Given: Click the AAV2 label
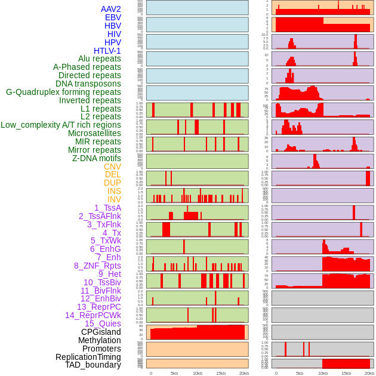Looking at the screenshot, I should (111, 9).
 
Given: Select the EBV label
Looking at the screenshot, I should (113, 17).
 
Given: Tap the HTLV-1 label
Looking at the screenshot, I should (107, 51).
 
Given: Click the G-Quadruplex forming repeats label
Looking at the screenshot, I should (63, 92).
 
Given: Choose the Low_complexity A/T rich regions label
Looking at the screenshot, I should (61, 125).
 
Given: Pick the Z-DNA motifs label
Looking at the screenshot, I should (97, 158).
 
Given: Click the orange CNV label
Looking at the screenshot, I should (112, 167).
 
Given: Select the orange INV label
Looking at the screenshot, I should (114, 199).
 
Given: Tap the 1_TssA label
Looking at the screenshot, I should (107, 208).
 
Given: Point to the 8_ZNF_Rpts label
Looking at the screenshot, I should (97, 266).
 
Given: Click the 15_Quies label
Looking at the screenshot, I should (102, 323).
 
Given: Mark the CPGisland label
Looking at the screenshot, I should (101, 332).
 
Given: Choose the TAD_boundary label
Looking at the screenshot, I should (93, 365).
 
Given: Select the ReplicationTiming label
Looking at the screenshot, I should (88, 357).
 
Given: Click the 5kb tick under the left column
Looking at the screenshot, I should (174, 373).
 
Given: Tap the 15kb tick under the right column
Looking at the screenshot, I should (346, 373).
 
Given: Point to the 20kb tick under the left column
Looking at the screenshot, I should (244, 373).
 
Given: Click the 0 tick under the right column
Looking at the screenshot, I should (276, 373).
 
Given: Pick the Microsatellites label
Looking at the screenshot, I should (94, 133).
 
